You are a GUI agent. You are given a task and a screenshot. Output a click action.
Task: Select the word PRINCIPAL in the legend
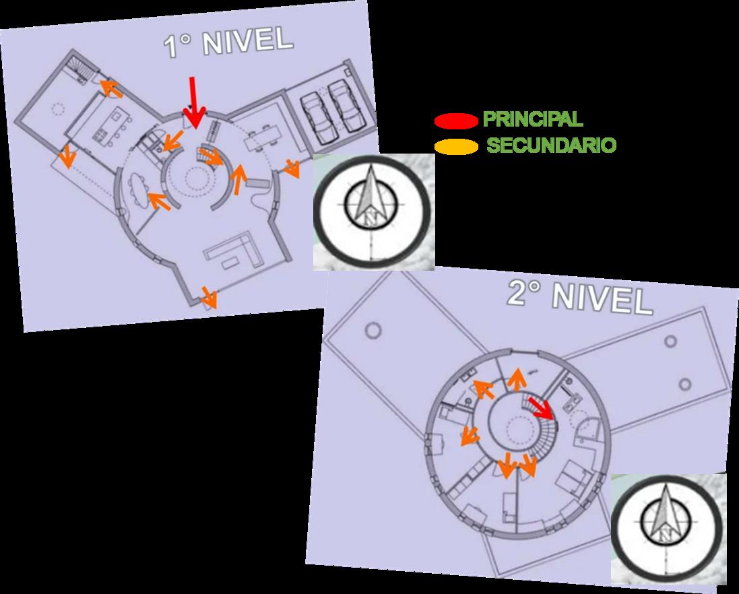pos(532,120)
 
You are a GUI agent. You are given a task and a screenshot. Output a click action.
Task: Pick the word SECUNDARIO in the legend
pos(551,145)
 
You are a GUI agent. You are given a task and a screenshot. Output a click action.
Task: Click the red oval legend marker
pos(457,121)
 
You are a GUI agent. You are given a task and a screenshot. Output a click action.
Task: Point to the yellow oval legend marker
pos(457,145)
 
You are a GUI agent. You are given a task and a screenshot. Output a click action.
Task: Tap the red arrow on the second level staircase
pos(542,407)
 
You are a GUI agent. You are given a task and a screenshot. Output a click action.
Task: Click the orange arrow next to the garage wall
pos(291,168)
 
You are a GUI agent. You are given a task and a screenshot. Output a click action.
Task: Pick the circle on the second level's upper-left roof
pos(371,331)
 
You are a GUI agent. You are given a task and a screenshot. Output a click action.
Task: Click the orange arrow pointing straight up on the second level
pos(517,380)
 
